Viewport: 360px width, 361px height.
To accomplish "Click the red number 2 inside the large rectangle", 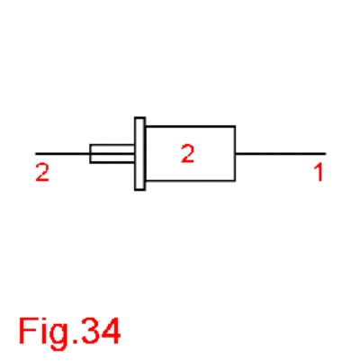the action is (x=187, y=153).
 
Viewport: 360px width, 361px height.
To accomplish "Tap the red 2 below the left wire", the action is (x=42, y=172).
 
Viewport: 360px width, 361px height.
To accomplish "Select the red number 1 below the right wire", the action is (x=319, y=172).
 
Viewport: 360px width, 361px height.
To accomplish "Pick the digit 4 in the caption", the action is (x=111, y=330).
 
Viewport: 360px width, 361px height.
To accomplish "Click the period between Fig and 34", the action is (x=74, y=340).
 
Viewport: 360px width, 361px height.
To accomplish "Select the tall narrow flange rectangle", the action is (x=140, y=154).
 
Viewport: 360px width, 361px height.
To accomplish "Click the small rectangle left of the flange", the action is (x=112, y=154).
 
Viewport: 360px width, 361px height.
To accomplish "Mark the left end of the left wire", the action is (x=36, y=154).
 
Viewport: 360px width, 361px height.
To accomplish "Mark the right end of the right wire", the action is (x=326, y=154).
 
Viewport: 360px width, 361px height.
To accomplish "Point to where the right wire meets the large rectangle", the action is (x=235, y=154).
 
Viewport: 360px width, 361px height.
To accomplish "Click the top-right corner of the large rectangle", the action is (x=235, y=126).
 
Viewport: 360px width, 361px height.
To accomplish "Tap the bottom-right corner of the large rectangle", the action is (x=235, y=181).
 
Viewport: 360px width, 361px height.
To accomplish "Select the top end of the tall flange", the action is (x=140, y=117).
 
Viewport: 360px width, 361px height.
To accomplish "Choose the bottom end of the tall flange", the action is (x=140, y=190).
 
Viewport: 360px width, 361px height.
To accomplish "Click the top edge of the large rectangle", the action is (x=190, y=126).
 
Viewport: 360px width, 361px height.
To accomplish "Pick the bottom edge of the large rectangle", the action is (x=190, y=181).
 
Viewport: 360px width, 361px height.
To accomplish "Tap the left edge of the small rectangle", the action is (x=90, y=154).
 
